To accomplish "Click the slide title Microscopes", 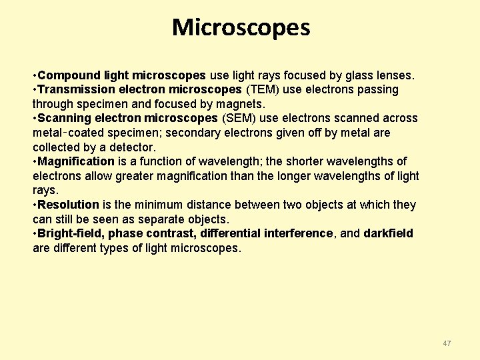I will point(241,27).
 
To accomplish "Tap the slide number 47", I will point(447,343).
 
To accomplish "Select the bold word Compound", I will point(65,75).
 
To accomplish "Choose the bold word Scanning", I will point(63,118).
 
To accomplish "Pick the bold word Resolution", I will point(69,205).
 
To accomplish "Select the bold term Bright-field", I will point(70,233).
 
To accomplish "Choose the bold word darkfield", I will point(388,233).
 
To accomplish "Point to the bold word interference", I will point(298,233).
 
